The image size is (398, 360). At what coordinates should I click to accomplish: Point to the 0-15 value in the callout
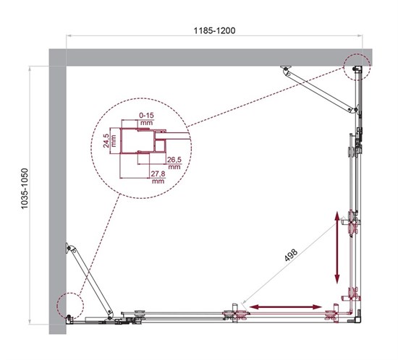point(148,114)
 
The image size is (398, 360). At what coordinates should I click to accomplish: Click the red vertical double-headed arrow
point(337,247)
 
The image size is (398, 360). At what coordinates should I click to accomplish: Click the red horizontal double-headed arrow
point(286,308)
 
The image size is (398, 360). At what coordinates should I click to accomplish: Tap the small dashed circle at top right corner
point(356,67)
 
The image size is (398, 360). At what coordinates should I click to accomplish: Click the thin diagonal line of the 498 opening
point(289,268)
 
